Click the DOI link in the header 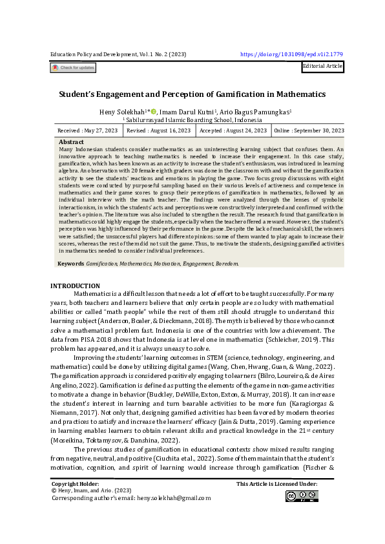(x=291, y=56)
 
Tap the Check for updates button (x=73, y=67)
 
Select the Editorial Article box (x=322, y=67)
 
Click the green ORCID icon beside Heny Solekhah (x=153, y=112)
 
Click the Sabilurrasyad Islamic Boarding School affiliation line (x=192, y=120)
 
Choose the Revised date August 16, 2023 (x=159, y=131)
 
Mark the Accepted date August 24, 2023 (x=233, y=131)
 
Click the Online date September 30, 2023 (x=309, y=131)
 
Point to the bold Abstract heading (x=71, y=141)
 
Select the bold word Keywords (x=71, y=264)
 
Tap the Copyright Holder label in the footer (x=75, y=483)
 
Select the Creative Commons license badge (x=302, y=496)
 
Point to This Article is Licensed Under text (x=276, y=483)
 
